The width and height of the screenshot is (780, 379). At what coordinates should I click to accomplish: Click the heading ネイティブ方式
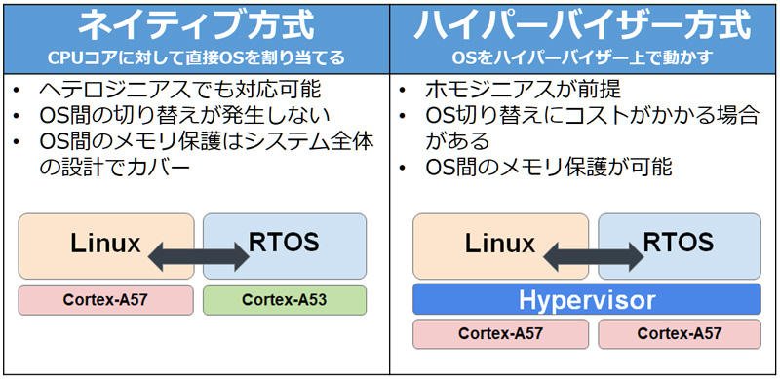[x=196, y=26]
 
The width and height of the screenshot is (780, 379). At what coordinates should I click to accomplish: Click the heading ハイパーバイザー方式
[x=582, y=26]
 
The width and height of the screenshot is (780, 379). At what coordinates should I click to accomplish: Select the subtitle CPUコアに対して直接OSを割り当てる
[x=196, y=58]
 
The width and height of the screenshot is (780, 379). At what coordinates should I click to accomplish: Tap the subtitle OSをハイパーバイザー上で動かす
[x=582, y=58]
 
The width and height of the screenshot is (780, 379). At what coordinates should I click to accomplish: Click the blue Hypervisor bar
[x=587, y=299]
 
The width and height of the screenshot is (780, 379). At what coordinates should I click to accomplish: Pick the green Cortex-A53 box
[x=285, y=300]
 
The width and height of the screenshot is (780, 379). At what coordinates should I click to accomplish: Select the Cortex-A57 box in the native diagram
[x=106, y=300]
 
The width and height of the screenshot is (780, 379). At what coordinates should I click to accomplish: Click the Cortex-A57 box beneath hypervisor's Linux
[x=500, y=334]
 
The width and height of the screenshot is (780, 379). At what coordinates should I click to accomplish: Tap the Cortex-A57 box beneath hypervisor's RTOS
[x=680, y=334]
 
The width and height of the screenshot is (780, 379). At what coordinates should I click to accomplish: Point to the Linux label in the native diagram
[x=105, y=244]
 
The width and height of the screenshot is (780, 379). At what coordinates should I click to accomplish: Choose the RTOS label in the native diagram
[x=284, y=243]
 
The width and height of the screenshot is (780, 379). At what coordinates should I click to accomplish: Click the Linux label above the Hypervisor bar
[x=500, y=244]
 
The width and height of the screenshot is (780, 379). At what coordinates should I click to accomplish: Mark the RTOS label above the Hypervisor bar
[x=679, y=243]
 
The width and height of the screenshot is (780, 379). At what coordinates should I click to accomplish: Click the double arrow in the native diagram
[x=199, y=256]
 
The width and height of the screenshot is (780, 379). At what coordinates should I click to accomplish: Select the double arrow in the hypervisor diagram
[x=594, y=256]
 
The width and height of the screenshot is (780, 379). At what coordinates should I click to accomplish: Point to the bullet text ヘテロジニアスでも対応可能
[x=180, y=90]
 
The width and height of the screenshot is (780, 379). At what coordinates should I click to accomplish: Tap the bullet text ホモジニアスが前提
[x=524, y=90]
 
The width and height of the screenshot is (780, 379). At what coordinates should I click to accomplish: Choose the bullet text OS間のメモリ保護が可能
[x=549, y=168]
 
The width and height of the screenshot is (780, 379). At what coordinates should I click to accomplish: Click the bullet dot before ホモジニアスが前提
[x=403, y=91]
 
